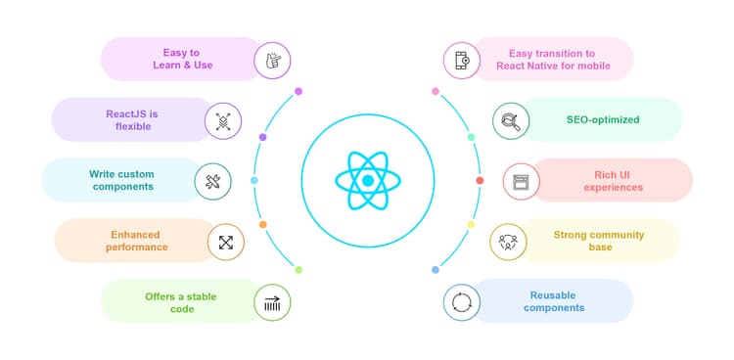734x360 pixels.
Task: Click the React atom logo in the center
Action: click(367, 181)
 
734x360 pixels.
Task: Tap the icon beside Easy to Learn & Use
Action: click(273, 60)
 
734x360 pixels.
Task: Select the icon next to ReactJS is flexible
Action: click(223, 121)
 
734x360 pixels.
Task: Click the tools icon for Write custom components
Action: click(212, 181)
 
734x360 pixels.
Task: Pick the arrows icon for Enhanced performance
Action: click(226, 241)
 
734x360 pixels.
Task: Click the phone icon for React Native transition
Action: click(461, 60)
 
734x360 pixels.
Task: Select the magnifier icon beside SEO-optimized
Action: click(510, 120)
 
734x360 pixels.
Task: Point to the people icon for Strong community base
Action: click(508, 241)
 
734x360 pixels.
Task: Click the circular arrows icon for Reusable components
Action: click(461, 301)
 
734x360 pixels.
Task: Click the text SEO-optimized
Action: click(603, 119)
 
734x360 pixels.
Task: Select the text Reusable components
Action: click(554, 300)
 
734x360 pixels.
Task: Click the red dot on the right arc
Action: click(480, 181)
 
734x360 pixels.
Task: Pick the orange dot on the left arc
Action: click(262, 224)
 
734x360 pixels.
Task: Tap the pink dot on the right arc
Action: click(436, 91)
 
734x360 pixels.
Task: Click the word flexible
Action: click(132, 127)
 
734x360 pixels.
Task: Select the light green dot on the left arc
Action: click(298, 269)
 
